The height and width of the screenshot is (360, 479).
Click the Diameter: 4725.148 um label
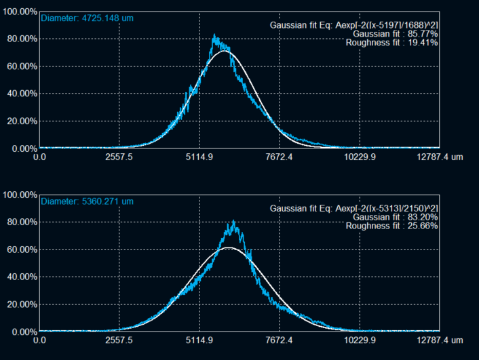click(x=80, y=18)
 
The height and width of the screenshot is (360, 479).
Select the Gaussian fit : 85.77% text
click(x=396, y=34)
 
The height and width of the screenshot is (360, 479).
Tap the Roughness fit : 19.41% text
click(x=391, y=43)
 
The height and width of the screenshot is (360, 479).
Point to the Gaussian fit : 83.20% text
click(x=396, y=217)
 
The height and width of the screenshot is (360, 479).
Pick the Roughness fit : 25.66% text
click(x=391, y=226)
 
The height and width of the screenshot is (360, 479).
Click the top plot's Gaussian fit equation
click(x=353, y=25)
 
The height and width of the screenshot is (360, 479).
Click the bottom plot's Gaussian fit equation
click(x=353, y=208)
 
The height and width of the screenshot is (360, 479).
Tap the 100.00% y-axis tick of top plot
click(x=19, y=12)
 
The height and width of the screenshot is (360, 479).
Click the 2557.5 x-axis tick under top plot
click(x=119, y=157)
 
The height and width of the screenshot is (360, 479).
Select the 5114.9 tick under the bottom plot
click(x=199, y=340)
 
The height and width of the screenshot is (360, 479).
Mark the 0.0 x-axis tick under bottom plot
click(x=40, y=340)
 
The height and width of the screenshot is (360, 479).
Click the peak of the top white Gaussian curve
click(x=225, y=51)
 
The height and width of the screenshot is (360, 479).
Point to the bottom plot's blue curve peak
click(x=233, y=221)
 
